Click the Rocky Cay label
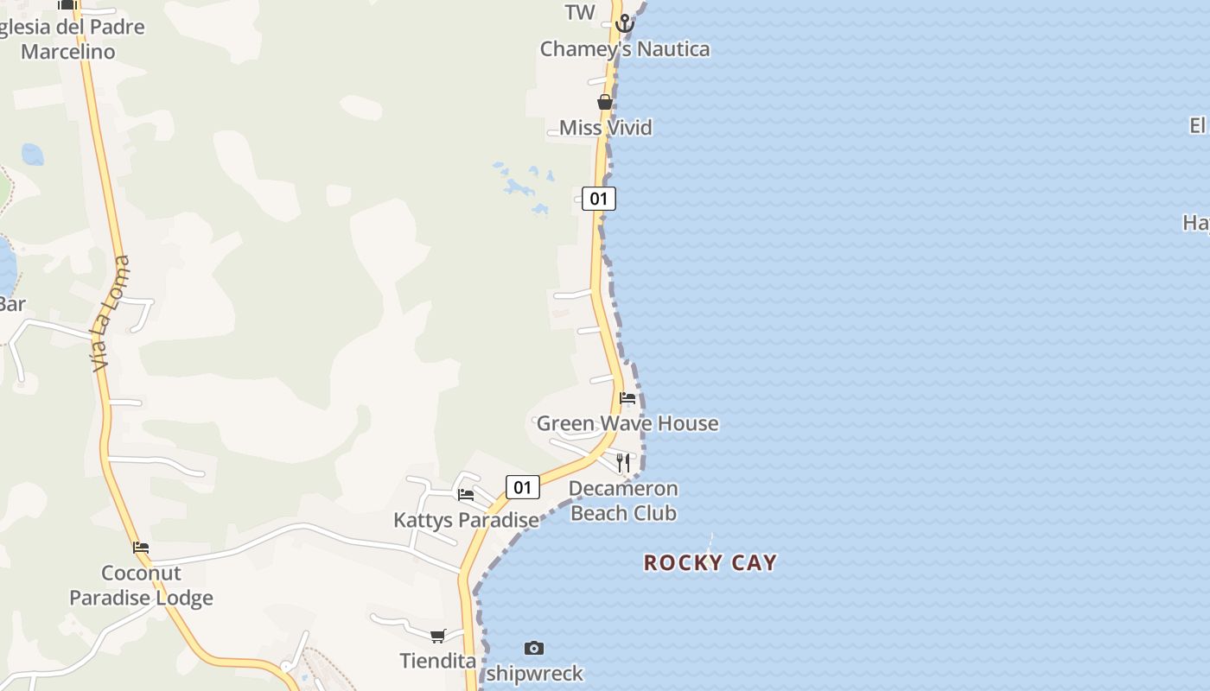[710, 563]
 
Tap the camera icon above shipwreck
[534, 648]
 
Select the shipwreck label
[534, 673]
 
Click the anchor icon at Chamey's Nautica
[624, 24]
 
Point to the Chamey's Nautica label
[625, 49]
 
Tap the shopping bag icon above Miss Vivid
[605, 102]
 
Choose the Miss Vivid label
[605, 128]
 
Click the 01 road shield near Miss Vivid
[598, 199]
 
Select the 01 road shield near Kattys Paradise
[522, 487]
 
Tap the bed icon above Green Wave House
[627, 398]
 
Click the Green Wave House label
[627, 423]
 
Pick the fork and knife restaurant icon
[623, 463]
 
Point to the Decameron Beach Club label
[623, 501]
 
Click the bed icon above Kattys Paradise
[466, 495]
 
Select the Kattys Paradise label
[466, 520]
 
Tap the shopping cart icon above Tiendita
[438, 636]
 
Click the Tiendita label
[438, 661]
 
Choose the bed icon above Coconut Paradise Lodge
[141, 548]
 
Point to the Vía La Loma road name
[111, 314]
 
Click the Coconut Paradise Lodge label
[141, 586]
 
